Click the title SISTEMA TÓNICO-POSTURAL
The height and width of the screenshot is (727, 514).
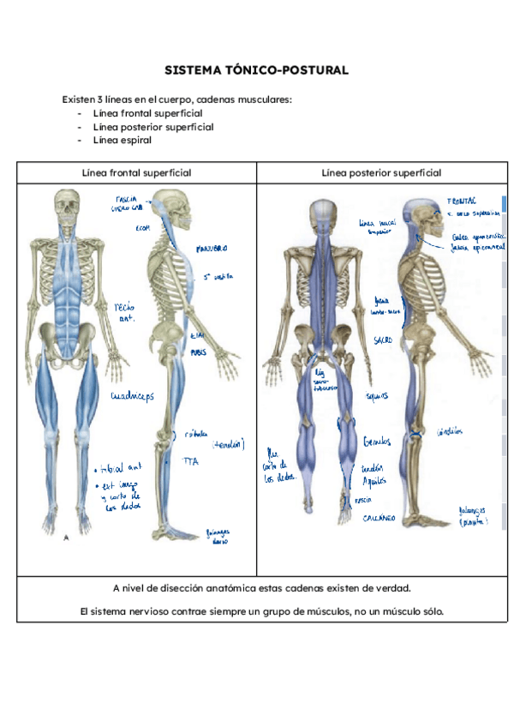tap(256, 70)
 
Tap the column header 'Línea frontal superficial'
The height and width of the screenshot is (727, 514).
tap(136, 172)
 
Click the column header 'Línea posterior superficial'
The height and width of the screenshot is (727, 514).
tap(381, 172)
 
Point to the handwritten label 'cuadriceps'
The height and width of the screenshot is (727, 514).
tap(136, 396)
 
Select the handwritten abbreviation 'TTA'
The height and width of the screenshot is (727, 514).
tap(190, 460)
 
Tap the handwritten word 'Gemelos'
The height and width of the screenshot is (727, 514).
tap(376, 441)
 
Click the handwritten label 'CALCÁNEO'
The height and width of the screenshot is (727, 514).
tap(378, 519)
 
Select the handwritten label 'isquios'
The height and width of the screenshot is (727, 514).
tap(376, 396)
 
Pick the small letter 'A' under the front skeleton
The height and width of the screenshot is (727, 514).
tap(67, 538)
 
